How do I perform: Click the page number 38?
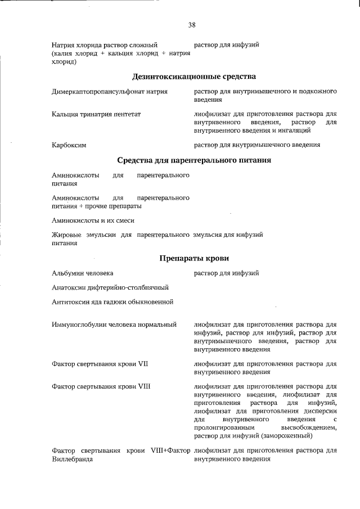(192, 25)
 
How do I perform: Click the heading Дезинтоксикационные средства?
(194, 76)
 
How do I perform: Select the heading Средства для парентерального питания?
(194, 160)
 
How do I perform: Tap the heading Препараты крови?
(194, 258)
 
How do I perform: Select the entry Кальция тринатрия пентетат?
(96, 114)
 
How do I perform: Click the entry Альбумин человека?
(83, 273)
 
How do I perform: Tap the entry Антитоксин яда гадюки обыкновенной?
(112, 302)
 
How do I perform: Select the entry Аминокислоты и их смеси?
(93, 220)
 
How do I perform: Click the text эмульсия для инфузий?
(228, 235)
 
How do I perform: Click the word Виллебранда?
(72, 460)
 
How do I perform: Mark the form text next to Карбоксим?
(257, 145)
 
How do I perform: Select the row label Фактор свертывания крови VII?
(100, 364)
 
